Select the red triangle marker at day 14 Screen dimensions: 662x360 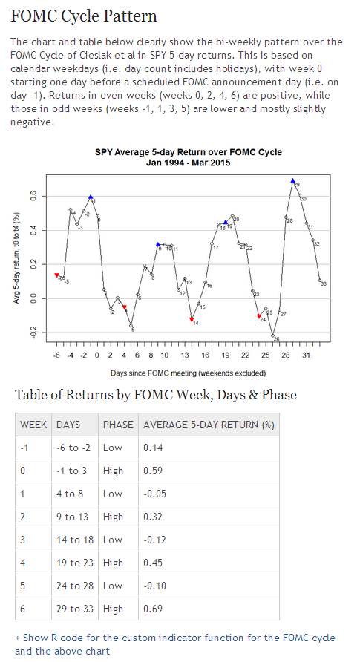coord(192,320)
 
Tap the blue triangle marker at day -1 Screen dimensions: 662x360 coord(91,197)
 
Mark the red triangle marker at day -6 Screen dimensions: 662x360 coord(57,275)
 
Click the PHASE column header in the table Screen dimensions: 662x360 coord(118,425)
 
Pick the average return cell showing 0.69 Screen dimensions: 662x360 coord(153,609)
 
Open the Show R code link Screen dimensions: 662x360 coord(175,638)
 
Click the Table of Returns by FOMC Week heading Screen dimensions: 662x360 coord(156,394)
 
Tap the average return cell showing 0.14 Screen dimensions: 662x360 coord(153,448)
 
